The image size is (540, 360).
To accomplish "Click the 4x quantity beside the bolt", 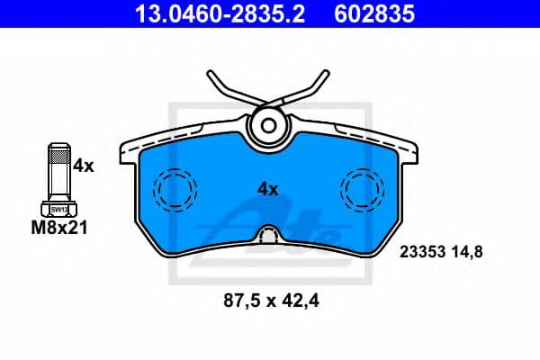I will click(x=83, y=165).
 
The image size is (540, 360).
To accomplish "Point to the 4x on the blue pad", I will click(x=268, y=189).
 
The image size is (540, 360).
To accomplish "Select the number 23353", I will click(x=422, y=253).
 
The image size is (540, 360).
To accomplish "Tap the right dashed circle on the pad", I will click(x=362, y=190).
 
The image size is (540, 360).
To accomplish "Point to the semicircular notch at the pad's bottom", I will click(x=268, y=237).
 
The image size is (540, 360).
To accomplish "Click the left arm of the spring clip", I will click(x=225, y=90).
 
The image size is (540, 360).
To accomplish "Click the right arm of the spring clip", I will click(x=310, y=90).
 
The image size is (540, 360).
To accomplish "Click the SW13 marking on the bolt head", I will click(x=58, y=208).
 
